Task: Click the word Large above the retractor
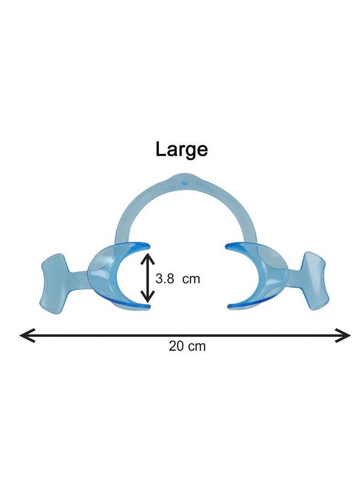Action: pos(181,150)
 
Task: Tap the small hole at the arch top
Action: pos(184,182)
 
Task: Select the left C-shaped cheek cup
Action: pos(104,276)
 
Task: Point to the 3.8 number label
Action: pos(164,279)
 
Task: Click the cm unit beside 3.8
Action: pos(191,279)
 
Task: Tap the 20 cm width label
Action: pos(187,346)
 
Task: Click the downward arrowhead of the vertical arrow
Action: pos(147,297)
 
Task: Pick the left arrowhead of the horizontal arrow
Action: pos(27,335)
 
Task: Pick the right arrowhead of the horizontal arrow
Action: pos(343,335)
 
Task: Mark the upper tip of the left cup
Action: pos(148,245)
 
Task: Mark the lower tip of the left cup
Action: pos(148,307)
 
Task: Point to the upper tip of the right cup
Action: pos(227,245)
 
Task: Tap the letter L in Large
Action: pos(160,149)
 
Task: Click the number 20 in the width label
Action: pos(176,346)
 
